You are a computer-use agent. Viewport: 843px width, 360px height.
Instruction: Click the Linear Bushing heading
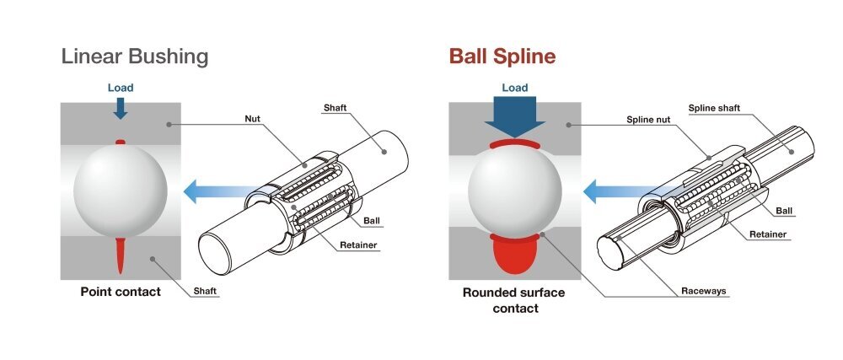[135, 57]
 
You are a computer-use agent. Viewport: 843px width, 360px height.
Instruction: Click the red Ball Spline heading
[502, 57]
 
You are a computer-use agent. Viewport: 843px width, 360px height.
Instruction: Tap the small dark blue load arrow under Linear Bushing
[121, 107]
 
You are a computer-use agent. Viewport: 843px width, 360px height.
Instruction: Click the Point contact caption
[121, 292]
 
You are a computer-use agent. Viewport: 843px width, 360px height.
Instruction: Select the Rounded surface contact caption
[513, 300]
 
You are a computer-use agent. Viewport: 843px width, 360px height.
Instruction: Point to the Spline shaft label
[715, 108]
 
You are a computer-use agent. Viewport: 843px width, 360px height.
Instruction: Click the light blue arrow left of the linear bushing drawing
[213, 191]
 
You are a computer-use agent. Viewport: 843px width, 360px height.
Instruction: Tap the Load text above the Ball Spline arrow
[514, 88]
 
